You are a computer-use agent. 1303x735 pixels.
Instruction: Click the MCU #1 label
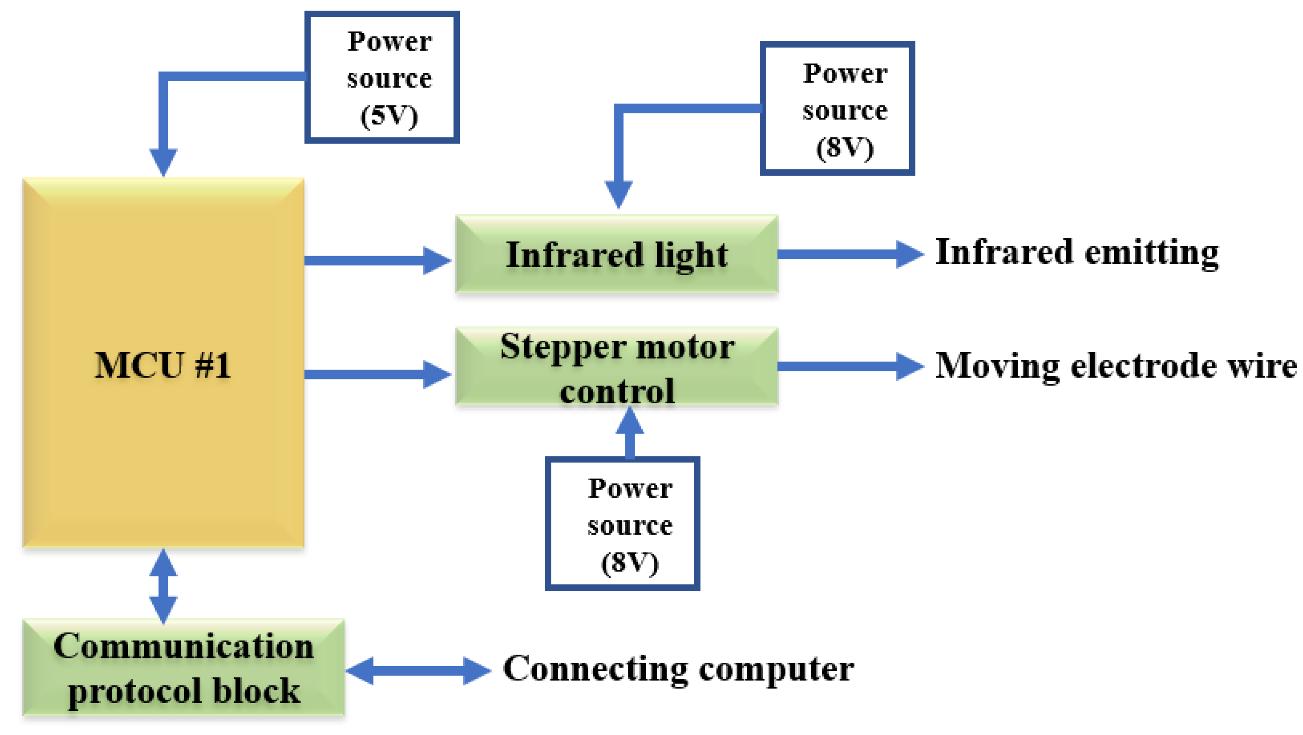[x=163, y=365]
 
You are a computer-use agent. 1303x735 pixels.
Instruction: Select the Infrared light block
[x=616, y=254]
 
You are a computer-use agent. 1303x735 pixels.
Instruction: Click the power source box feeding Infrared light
[x=837, y=109]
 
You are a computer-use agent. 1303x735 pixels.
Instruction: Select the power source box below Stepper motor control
[x=622, y=524]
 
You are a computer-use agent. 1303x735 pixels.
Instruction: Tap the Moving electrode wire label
[x=1115, y=365]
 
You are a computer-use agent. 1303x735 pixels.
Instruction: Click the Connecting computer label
[x=678, y=669]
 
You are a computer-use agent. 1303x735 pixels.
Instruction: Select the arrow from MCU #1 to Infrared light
[x=377, y=260]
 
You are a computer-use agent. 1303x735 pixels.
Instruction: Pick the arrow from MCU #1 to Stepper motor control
[x=377, y=374]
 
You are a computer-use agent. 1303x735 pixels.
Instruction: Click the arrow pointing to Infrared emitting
[x=850, y=254]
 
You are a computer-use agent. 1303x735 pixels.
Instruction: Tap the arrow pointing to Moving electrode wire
[x=850, y=366]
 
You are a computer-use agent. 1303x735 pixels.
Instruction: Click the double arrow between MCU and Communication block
[x=163, y=586]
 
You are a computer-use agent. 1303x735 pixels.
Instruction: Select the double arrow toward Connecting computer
[x=418, y=671]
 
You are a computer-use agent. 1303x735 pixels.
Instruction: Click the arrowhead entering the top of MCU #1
[x=163, y=161]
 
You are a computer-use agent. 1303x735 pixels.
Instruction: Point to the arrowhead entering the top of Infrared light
[x=618, y=193]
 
